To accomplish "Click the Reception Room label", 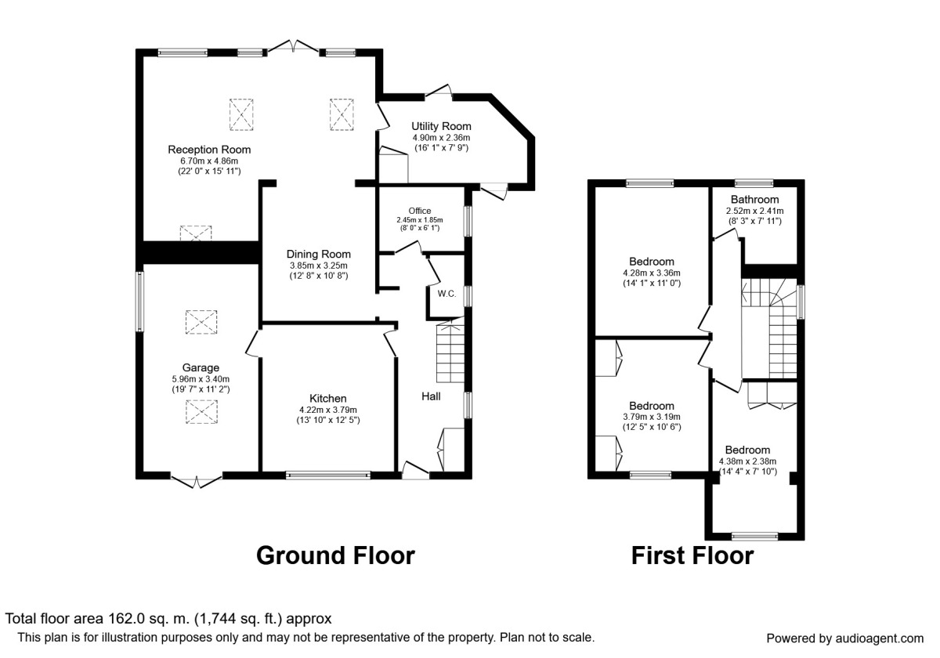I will tap(208, 149).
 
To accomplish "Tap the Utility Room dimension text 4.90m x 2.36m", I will tap(440, 137).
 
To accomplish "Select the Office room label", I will tap(420, 210).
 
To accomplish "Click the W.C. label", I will tap(446, 294).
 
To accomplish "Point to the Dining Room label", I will tap(318, 254).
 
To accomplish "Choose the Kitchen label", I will tap(327, 398).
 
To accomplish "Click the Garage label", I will tap(201, 367).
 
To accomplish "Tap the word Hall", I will tap(431, 396).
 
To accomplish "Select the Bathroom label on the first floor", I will tap(754, 199).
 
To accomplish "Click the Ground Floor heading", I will tap(335, 555).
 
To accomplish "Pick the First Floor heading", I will tap(692, 555).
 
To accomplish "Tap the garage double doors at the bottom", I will tap(196, 481).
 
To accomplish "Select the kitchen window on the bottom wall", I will tap(328, 474).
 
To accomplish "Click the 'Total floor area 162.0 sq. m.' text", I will tap(168, 618).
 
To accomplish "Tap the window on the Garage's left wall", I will tap(140, 301).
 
